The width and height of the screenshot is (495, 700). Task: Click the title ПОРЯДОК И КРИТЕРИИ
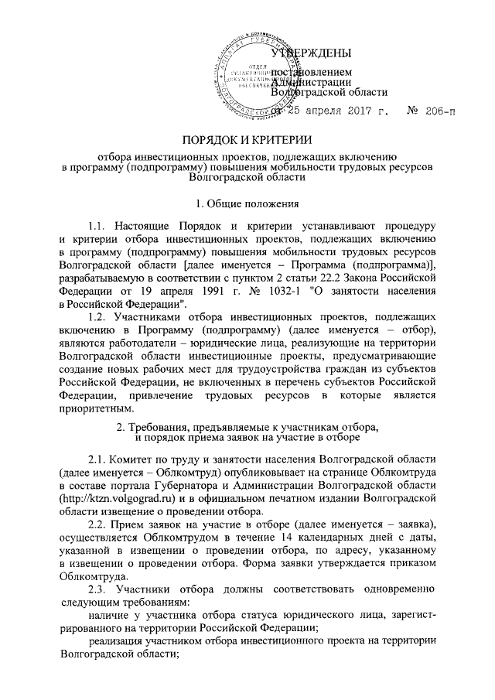pos(246,140)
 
